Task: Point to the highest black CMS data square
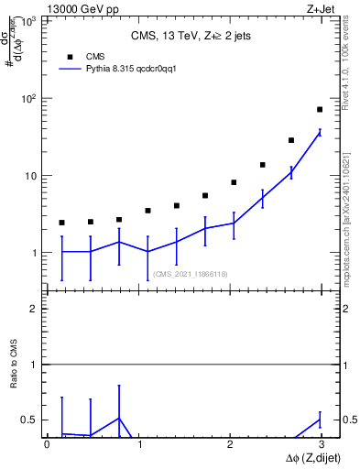[x=320, y=110]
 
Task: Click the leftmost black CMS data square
[x=61, y=223]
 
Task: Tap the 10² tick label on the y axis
[x=29, y=99]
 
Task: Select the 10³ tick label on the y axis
[x=29, y=21]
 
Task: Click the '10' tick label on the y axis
[x=31, y=176]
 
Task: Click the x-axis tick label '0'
[x=48, y=445]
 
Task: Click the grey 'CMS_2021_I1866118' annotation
[x=191, y=274]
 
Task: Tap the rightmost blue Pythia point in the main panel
[x=320, y=133]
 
